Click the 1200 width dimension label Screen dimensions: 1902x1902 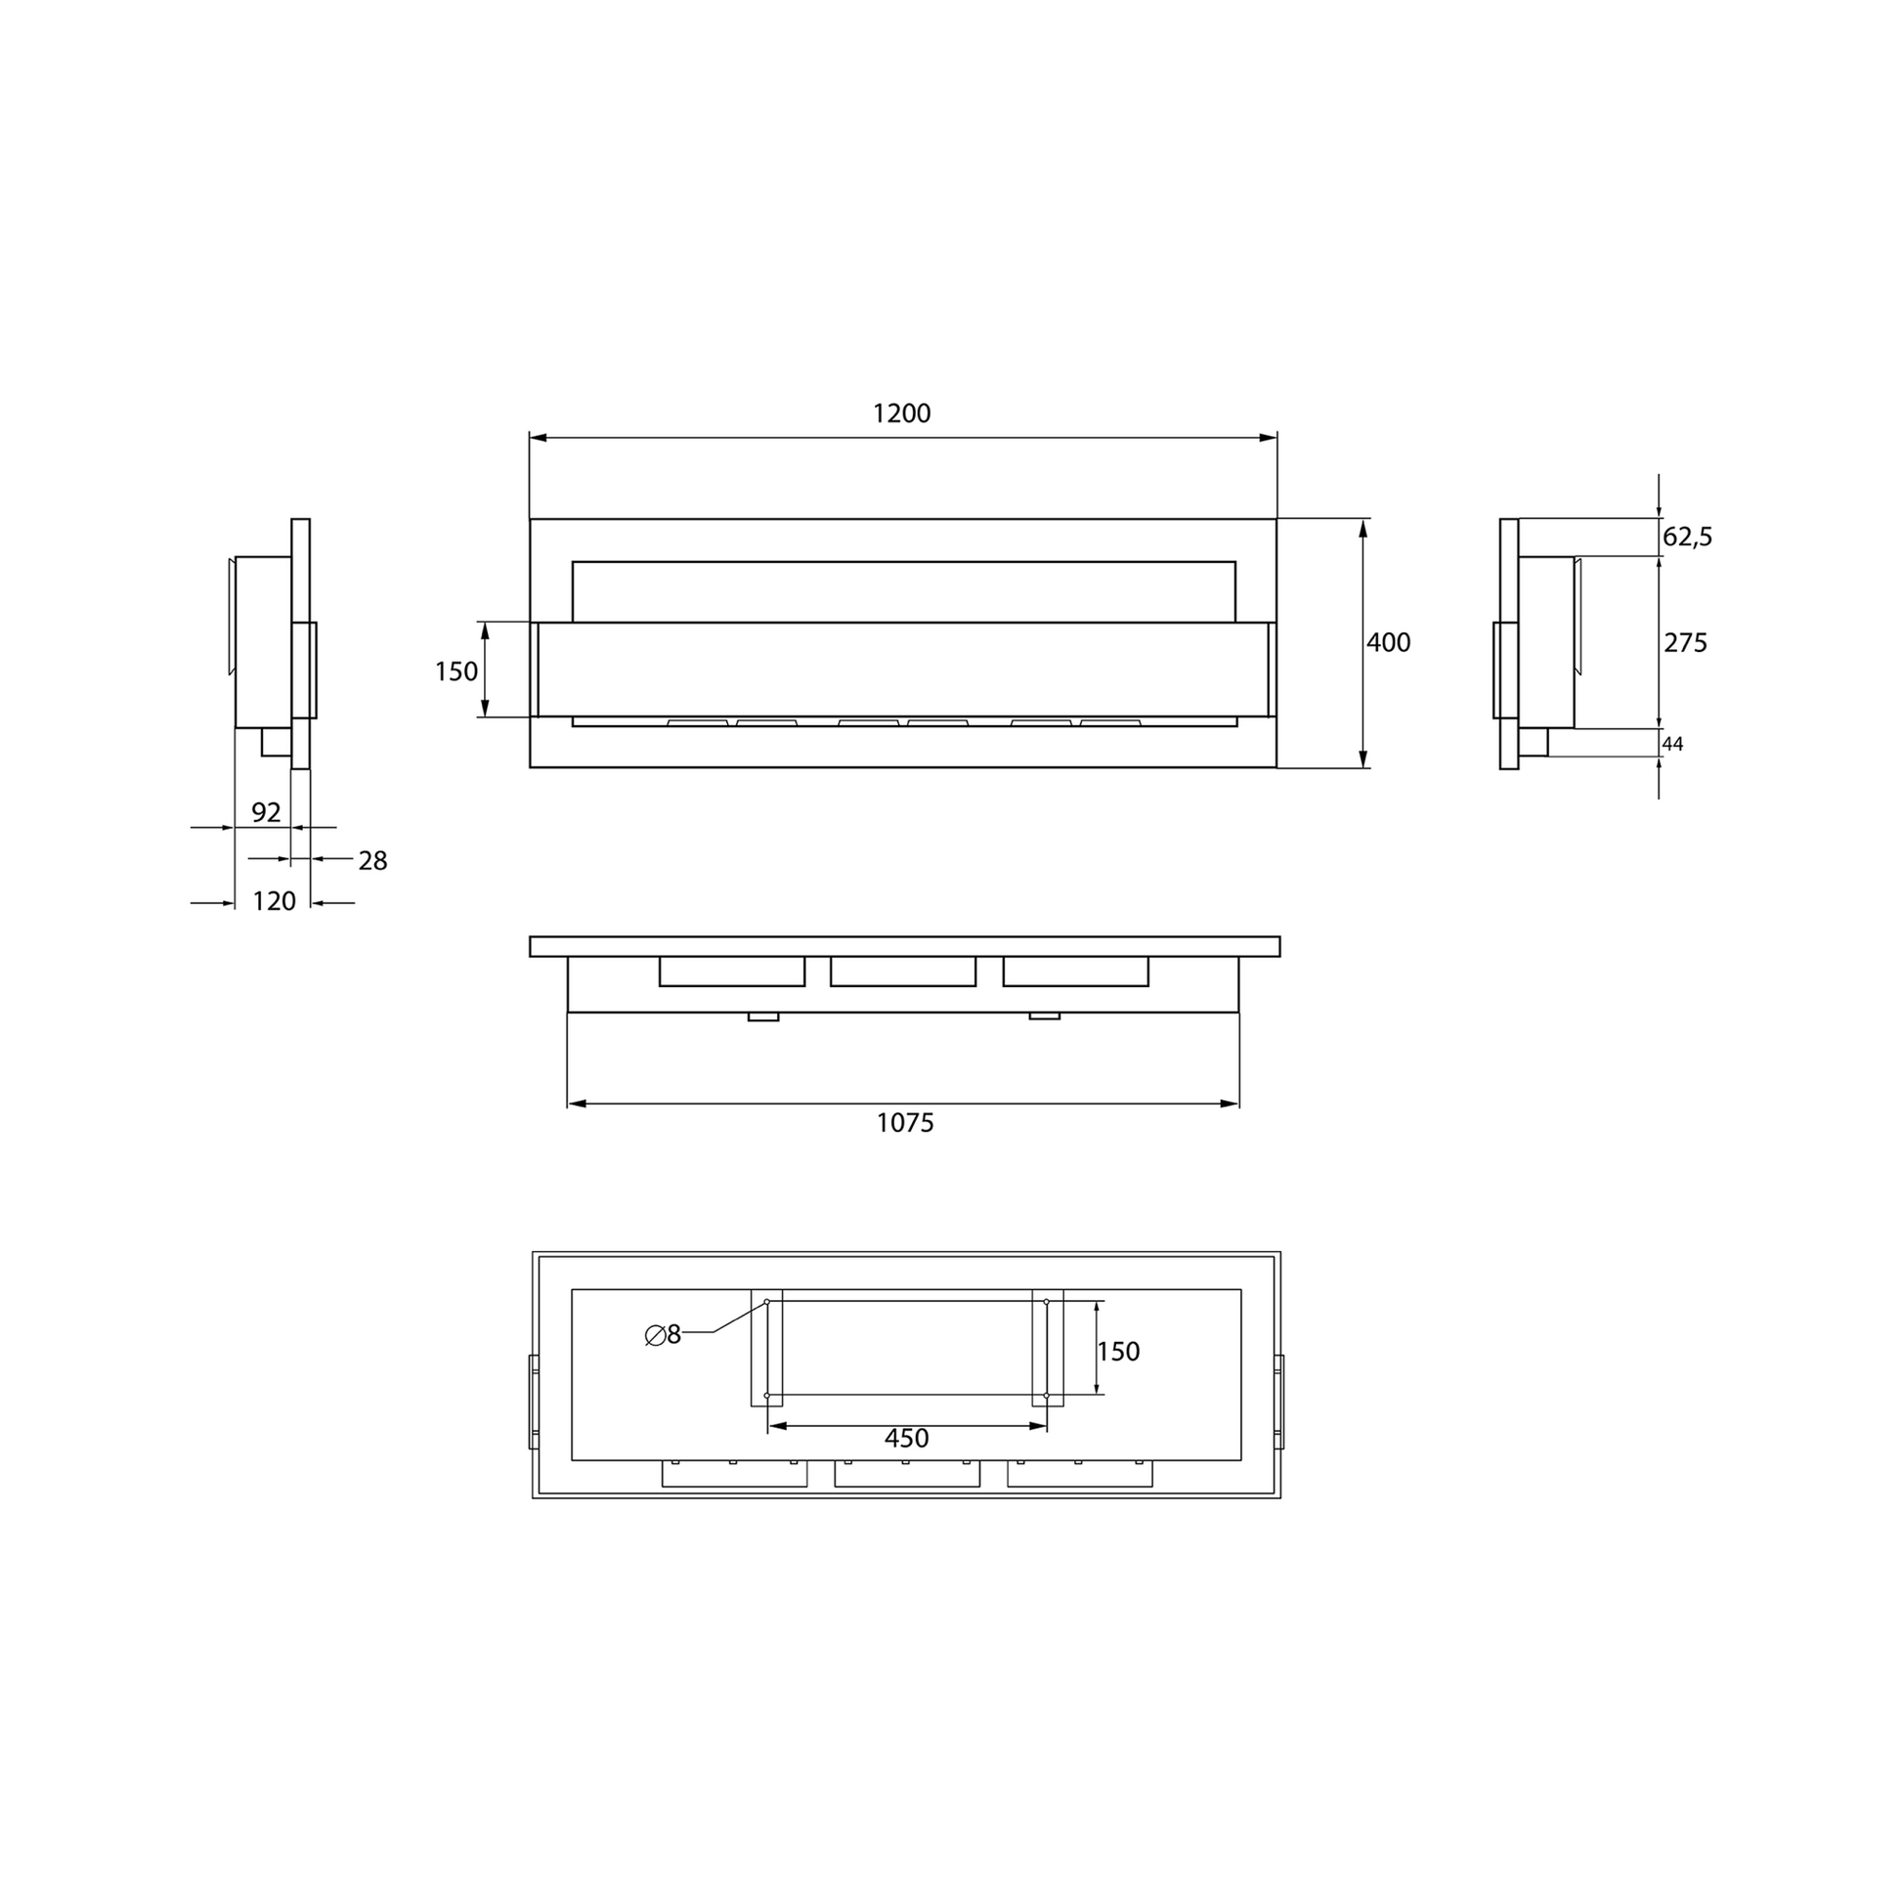902,413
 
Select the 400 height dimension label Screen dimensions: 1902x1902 1388,643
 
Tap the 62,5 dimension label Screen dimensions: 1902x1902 1687,537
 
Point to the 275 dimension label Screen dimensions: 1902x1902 1685,643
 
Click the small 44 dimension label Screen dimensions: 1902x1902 1672,744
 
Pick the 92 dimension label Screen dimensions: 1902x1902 266,812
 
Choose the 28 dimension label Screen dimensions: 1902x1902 373,861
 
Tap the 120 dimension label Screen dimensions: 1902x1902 275,901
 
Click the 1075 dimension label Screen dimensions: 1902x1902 905,1122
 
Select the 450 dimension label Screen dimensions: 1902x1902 906,1439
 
